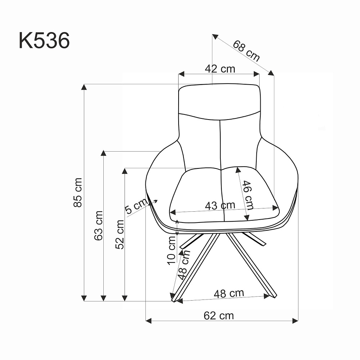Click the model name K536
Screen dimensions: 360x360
[44, 40]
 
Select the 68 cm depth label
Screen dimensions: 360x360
[246, 51]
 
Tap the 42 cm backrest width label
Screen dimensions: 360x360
[220, 69]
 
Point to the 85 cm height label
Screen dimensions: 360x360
[78, 193]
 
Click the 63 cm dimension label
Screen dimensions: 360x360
[99, 225]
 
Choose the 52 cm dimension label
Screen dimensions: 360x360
[120, 234]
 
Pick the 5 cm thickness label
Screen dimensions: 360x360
[136, 206]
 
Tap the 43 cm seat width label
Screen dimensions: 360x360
[220, 206]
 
